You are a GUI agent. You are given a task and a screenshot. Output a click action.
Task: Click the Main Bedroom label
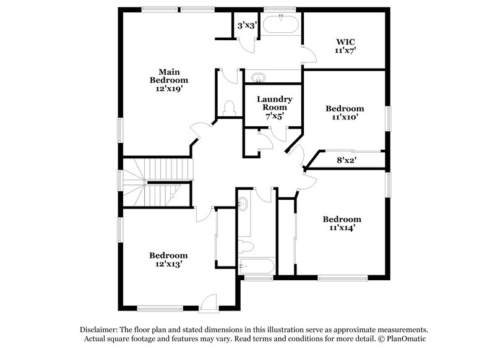click(168, 75)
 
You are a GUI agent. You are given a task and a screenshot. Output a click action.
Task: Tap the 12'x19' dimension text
click(168, 88)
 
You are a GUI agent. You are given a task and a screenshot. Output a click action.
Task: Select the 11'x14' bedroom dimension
click(341, 228)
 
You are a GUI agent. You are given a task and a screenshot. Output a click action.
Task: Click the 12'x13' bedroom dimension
click(168, 264)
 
